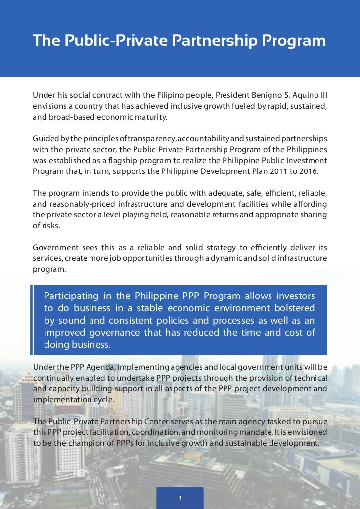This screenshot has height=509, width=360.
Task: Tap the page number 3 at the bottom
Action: tap(180, 498)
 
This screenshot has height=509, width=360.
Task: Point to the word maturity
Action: tap(152, 118)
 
